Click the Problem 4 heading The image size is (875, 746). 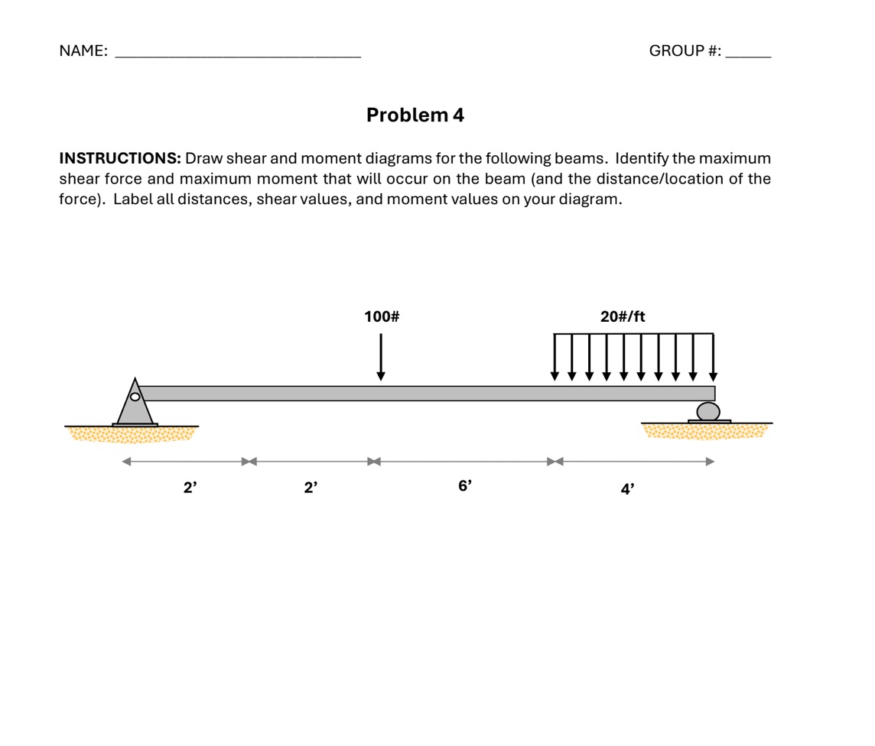click(415, 115)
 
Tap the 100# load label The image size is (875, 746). click(382, 316)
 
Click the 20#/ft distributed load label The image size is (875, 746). click(623, 316)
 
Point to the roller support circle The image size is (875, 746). click(708, 411)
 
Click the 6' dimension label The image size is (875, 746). click(465, 485)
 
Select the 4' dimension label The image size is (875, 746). click(627, 489)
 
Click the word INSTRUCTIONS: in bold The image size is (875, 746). click(120, 159)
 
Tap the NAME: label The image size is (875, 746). click(83, 51)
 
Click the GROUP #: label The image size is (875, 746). click(685, 51)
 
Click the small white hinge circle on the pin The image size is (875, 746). click(135, 396)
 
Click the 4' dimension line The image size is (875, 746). click(635, 462)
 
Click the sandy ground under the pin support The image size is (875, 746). click(132, 434)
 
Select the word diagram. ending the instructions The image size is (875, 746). click(592, 199)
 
